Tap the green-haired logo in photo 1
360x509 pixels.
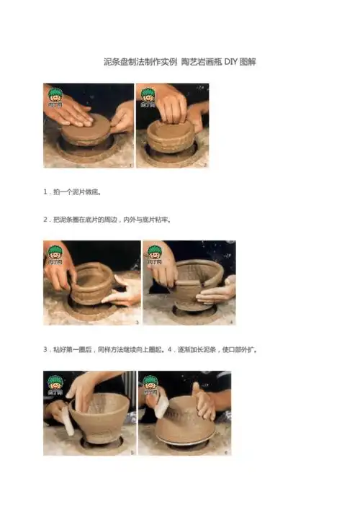(x=55, y=96)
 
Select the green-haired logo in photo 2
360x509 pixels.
(x=147, y=96)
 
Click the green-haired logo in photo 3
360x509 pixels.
(x=55, y=254)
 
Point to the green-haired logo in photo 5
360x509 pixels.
(x=55, y=384)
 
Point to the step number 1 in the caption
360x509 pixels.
(x=45, y=193)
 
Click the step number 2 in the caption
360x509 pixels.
(x=45, y=219)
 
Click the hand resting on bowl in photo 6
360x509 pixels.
(x=203, y=402)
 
